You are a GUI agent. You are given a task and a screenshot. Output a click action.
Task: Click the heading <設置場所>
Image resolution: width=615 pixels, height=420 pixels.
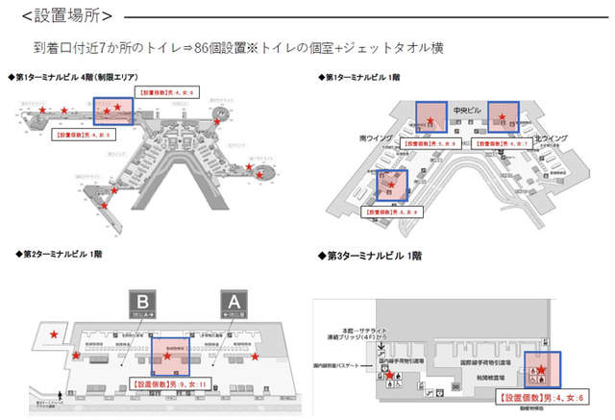[64, 15]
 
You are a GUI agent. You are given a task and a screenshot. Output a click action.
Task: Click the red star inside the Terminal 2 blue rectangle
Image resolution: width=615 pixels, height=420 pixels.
[168, 357]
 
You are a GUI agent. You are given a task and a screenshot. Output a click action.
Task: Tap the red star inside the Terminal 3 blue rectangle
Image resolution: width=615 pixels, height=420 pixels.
[540, 368]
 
